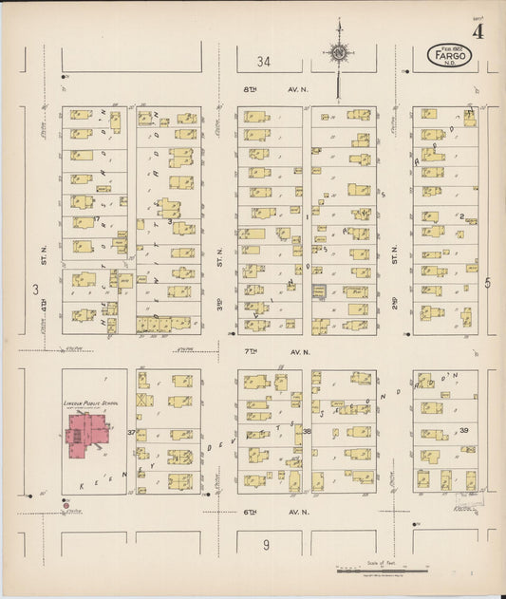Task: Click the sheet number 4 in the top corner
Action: (478, 31)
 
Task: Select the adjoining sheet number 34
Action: (263, 62)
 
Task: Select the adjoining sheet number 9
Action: (267, 544)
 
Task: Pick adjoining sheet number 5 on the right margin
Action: (488, 282)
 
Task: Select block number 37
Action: (130, 432)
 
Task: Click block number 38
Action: (308, 432)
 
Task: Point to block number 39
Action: (464, 430)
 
